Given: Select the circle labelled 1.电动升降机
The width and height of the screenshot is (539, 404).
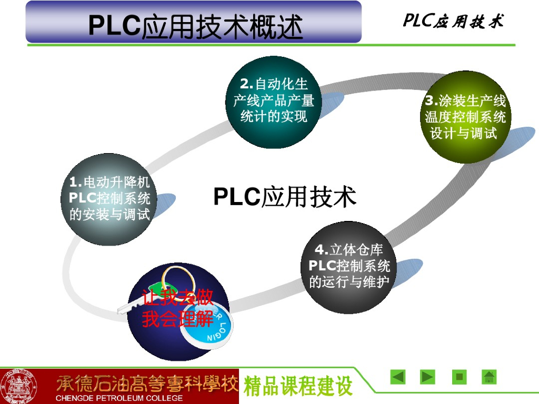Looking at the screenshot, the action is (109, 199).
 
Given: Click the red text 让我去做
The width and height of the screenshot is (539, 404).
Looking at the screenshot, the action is (178, 298).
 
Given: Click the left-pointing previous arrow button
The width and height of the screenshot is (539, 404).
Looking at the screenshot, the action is (397, 377).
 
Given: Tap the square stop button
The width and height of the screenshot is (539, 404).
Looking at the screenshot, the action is (459, 377).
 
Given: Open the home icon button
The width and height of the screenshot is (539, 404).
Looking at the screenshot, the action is (490, 377).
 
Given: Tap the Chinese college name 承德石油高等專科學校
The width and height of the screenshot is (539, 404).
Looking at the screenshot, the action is (147, 383).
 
